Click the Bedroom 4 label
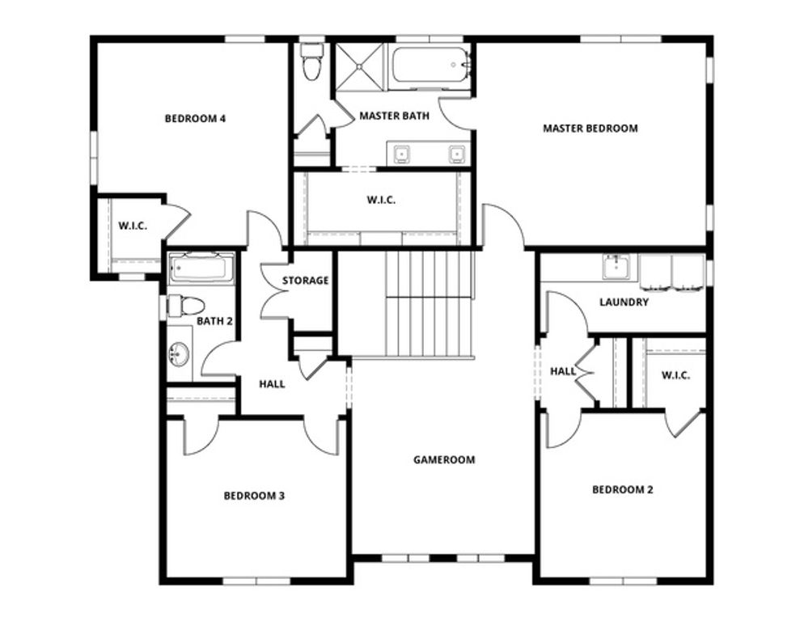point(194,119)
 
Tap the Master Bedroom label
point(590,128)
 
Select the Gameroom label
point(444,459)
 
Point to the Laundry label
point(624,302)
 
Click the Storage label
point(305,281)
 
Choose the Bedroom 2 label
point(622,489)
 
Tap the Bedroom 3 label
point(254,496)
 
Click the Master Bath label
point(394,116)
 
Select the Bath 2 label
point(214,321)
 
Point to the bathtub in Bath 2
point(201,268)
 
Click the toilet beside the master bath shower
point(310,62)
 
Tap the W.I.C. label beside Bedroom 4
point(132,226)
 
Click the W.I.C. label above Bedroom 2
point(675,375)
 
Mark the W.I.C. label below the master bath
point(382,200)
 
